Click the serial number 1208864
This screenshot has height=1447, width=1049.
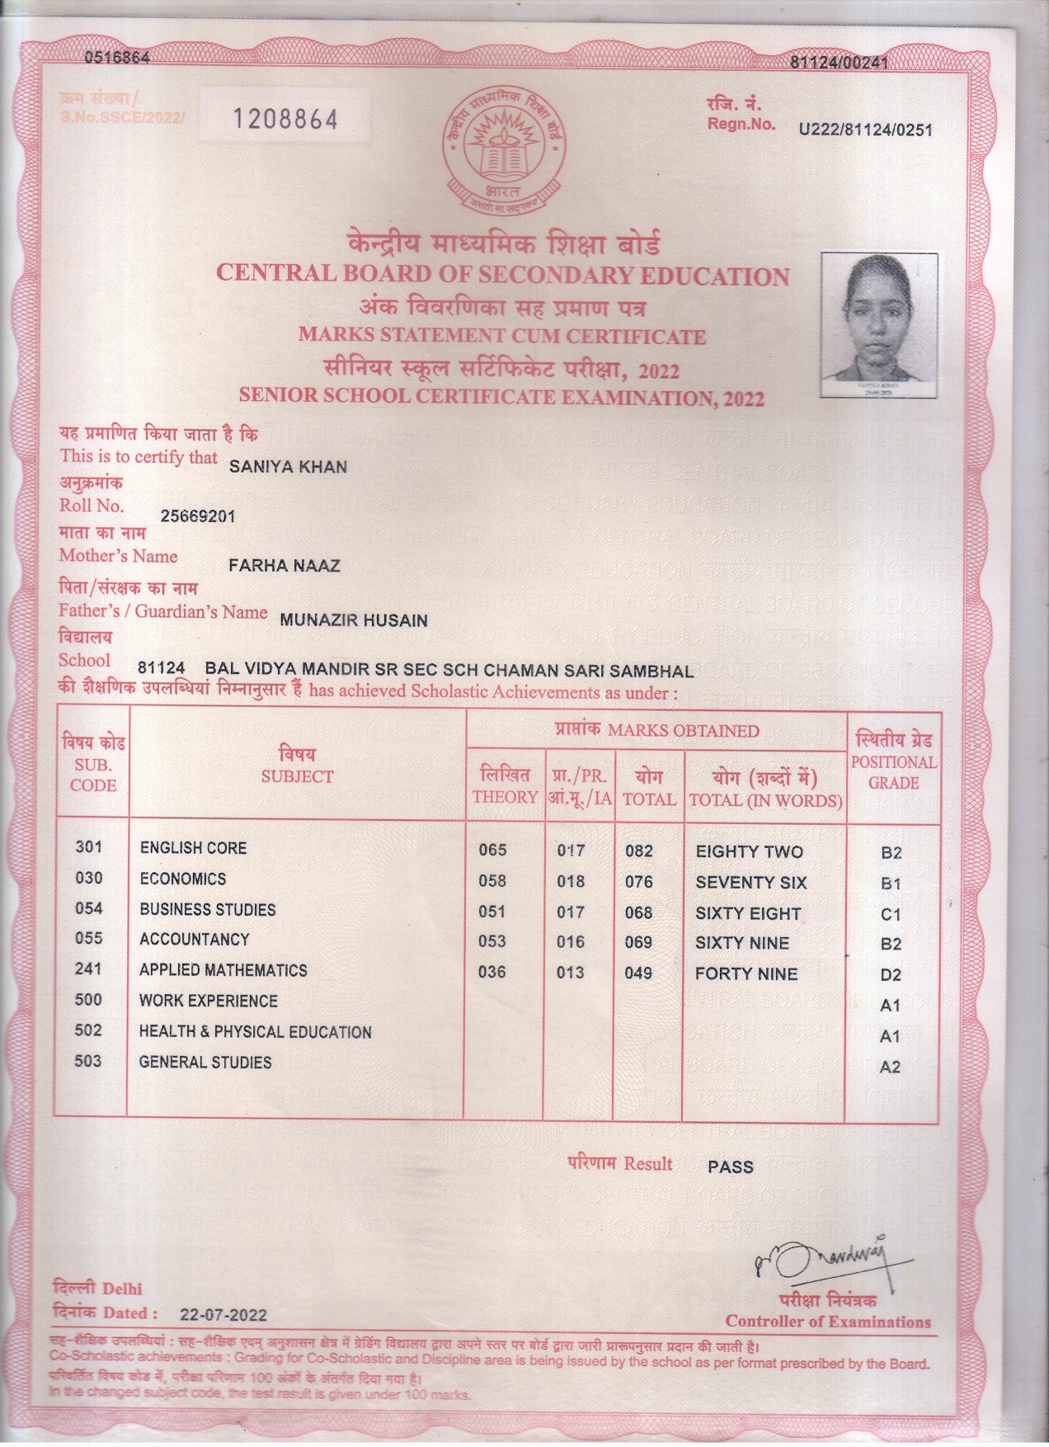285,120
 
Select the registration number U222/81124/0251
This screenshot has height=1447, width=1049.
865,130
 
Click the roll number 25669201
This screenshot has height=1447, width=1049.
198,516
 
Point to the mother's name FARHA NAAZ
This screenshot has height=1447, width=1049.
284,566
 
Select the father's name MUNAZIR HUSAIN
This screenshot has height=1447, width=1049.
354,620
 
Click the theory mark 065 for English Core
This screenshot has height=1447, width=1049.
492,851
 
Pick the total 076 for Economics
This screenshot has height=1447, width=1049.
638,882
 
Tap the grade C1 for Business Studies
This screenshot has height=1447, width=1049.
891,914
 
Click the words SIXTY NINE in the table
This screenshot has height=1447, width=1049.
742,943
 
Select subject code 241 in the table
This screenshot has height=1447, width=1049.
88,969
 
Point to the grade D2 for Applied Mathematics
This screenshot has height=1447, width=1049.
891,975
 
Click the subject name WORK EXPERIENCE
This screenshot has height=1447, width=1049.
208,1001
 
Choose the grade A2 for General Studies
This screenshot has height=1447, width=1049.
890,1068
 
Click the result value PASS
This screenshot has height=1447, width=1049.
730,1167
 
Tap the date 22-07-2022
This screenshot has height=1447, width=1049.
223,1315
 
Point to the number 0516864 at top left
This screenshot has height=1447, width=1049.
117,58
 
